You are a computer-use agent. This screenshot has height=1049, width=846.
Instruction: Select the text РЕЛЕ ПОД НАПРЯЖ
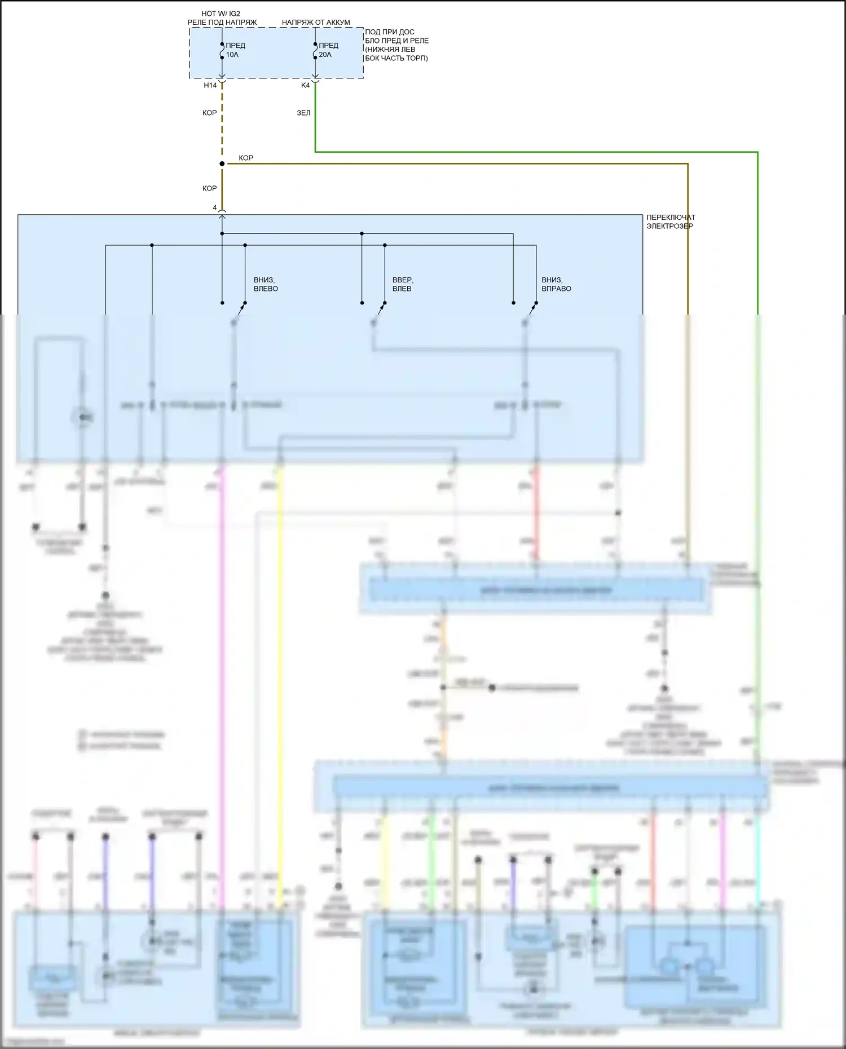click(x=222, y=23)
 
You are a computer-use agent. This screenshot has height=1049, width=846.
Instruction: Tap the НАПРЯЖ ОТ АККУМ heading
click(x=316, y=23)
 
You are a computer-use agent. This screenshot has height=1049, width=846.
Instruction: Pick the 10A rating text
click(x=232, y=55)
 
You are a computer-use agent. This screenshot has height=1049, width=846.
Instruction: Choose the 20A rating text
click(x=325, y=55)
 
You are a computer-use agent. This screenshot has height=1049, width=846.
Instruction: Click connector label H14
click(x=210, y=86)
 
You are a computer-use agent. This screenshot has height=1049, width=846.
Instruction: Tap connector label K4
click(x=305, y=86)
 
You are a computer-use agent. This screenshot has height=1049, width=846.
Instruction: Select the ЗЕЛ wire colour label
click(x=303, y=113)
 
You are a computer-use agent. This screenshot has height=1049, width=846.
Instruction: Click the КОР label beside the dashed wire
click(x=209, y=113)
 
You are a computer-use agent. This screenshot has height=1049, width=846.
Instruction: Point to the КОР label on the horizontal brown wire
click(x=246, y=158)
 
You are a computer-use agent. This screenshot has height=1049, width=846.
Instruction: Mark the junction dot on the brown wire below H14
click(x=222, y=164)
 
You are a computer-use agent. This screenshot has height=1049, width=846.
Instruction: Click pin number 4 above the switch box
click(x=215, y=208)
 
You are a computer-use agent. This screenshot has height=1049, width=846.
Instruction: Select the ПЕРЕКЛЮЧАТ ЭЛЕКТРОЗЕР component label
click(x=671, y=222)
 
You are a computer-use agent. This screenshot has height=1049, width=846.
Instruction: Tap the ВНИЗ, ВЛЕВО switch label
click(x=266, y=284)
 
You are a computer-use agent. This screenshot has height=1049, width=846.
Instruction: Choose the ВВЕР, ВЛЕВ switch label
click(x=403, y=284)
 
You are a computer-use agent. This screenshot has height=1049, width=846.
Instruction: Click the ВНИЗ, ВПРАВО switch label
click(x=556, y=284)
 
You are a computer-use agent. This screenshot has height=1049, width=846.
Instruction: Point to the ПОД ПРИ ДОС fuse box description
click(x=396, y=45)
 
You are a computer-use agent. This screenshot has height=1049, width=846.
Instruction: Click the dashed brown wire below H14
click(x=222, y=130)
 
